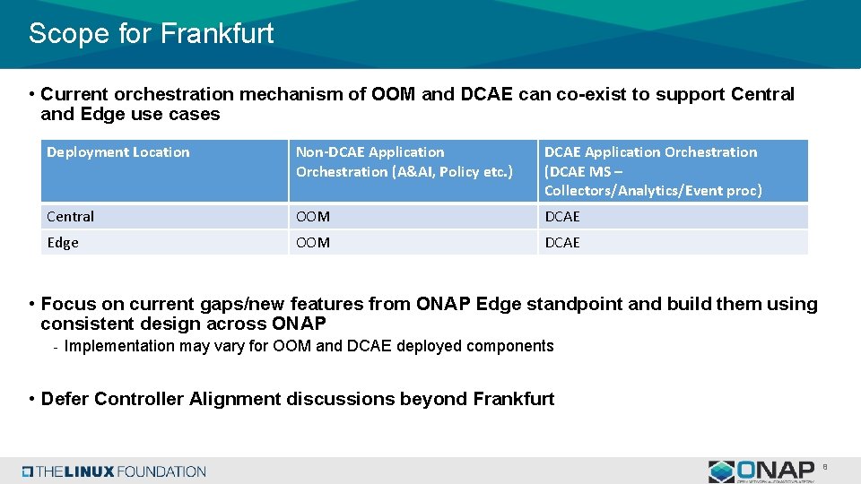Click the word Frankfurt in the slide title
[217, 34]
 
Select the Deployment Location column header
[118, 152]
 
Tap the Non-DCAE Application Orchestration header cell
[404, 162]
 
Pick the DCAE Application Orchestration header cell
[652, 171]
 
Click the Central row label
[71, 217]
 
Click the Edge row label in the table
[63, 243]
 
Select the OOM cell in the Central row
[313, 217]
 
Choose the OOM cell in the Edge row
[313, 243]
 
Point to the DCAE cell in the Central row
[562, 217]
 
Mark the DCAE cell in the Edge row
[562, 243]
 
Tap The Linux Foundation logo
[115, 471]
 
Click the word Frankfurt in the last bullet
[513, 399]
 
